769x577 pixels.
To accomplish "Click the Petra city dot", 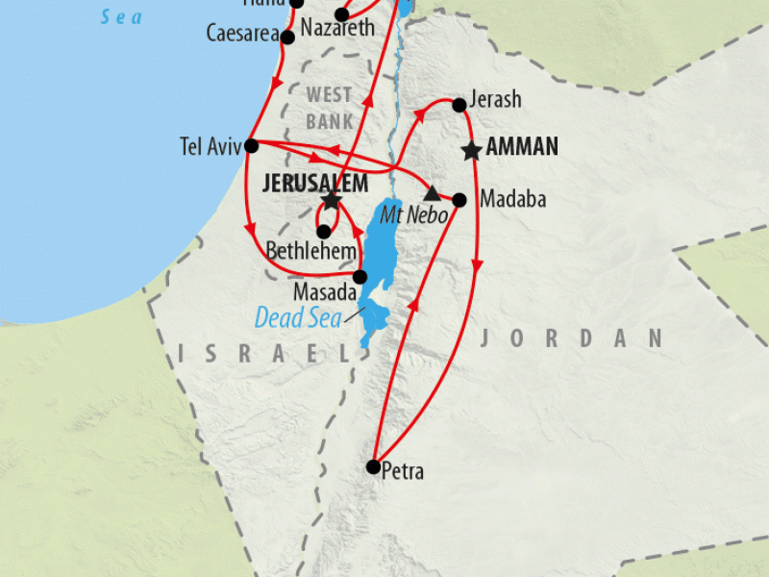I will point(374,466).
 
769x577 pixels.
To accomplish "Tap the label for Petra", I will point(403,472).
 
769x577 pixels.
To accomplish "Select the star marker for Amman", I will point(471,150).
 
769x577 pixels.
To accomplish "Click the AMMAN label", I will point(522,147).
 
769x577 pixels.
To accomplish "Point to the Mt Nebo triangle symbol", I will point(432,192).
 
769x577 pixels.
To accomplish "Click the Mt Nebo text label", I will point(413,215).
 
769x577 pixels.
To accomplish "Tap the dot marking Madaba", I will point(459,200).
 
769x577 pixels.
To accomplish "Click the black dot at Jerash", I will point(459,104).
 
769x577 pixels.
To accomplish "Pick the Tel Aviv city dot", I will point(251,146).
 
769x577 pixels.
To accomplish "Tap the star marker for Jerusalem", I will point(331,200).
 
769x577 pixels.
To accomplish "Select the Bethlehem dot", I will point(324,231).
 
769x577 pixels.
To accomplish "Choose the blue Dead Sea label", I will point(298,317).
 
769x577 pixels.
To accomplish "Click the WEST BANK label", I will point(330,108).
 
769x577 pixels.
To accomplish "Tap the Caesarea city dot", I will point(286,38).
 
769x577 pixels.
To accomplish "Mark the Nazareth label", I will point(337,30).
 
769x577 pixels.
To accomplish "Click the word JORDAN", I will point(573,338).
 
